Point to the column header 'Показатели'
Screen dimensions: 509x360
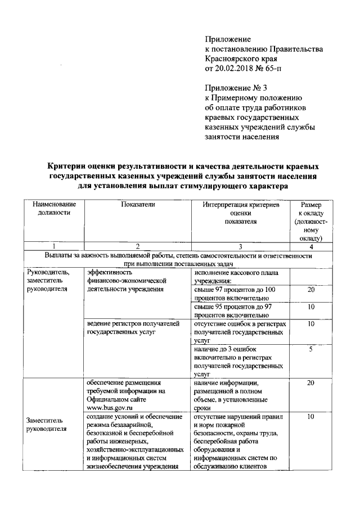pyautogui.click(x=137, y=205)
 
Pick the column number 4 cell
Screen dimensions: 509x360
pyautogui.click(x=310, y=246)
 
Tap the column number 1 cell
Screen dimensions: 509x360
pyautogui.click(x=54, y=246)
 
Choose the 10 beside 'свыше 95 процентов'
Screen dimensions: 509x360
pyautogui.click(x=310, y=308)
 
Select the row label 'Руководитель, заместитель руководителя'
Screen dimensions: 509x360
pyautogui.click(x=47, y=281)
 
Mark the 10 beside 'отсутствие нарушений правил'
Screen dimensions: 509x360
pyautogui.click(x=310, y=417)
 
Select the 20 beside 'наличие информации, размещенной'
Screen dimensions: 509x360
pyautogui.click(x=310, y=382)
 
